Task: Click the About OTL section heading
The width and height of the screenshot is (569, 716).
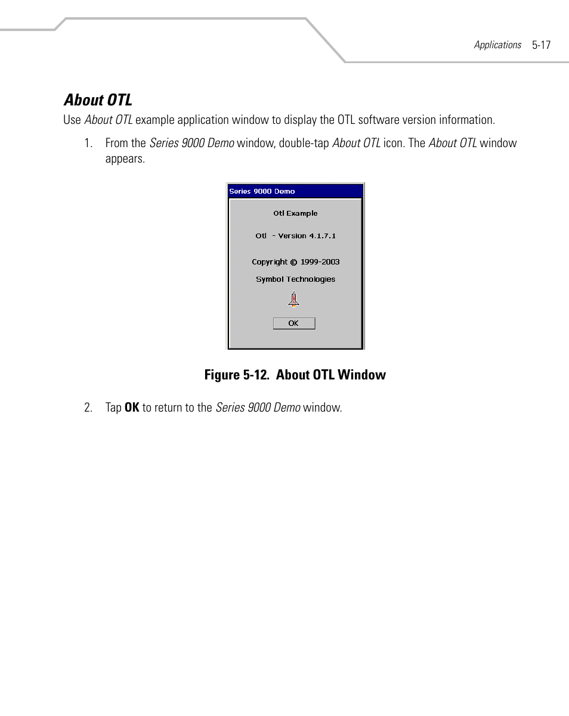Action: (x=98, y=99)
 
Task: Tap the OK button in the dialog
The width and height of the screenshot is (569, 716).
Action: (x=293, y=323)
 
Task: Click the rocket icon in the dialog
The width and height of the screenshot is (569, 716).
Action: (x=293, y=299)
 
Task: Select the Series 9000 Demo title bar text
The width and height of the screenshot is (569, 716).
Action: (x=262, y=191)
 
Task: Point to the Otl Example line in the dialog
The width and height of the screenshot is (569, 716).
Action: (x=295, y=213)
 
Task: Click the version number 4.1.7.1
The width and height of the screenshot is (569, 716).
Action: (x=322, y=236)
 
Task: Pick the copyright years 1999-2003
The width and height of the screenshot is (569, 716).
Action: (x=320, y=262)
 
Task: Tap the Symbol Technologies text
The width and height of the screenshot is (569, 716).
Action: (x=295, y=279)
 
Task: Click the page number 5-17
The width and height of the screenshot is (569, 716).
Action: (x=541, y=45)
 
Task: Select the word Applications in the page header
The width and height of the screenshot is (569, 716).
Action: (x=497, y=45)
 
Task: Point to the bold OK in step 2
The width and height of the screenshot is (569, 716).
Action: (x=132, y=408)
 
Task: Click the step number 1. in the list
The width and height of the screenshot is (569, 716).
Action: (x=88, y=143)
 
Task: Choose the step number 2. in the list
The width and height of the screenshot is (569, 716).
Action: (x=88, y=408)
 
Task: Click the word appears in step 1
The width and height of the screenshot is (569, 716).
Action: (x=125, y=159)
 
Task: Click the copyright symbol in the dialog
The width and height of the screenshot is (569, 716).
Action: (x=293, y=262)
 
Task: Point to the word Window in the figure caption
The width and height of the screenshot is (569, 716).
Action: (x=361, y=375)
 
